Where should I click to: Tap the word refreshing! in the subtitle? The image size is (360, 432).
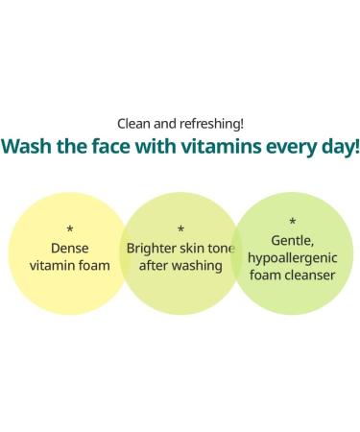pos(212,124)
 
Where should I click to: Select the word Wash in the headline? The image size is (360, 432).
pos(28,148)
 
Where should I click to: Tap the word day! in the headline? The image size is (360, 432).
pos(340,148)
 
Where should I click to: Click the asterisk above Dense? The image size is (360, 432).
pos(70,229)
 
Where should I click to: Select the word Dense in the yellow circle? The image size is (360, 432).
pos(70,247)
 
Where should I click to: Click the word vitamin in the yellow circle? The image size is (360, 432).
pos(53,265)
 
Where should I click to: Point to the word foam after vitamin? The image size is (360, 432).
pos(94,265)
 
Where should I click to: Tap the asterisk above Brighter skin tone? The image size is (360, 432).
pos(180,229)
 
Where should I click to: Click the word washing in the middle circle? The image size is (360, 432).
pos(197,265)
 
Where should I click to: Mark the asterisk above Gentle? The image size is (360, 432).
pos(292,223)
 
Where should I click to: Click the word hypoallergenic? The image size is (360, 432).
pos(292,257)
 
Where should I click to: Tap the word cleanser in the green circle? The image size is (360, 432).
pos(310,275)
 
